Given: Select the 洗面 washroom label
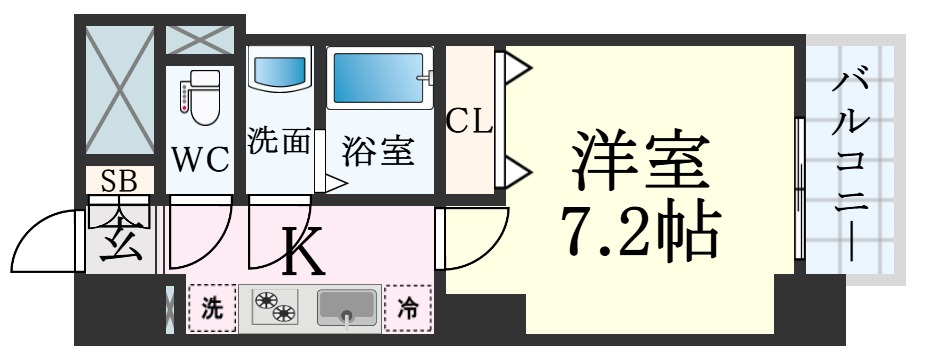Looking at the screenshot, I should coord(279,141).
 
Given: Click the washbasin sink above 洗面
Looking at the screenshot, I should coord(279,72).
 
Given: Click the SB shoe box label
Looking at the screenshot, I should coord(119,180).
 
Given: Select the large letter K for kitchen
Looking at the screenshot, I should coord(302,254).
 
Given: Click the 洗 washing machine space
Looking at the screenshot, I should coord(212,308).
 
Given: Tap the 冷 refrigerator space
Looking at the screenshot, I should coord(409,308).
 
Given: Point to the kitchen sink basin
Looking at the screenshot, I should coord(348,308).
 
